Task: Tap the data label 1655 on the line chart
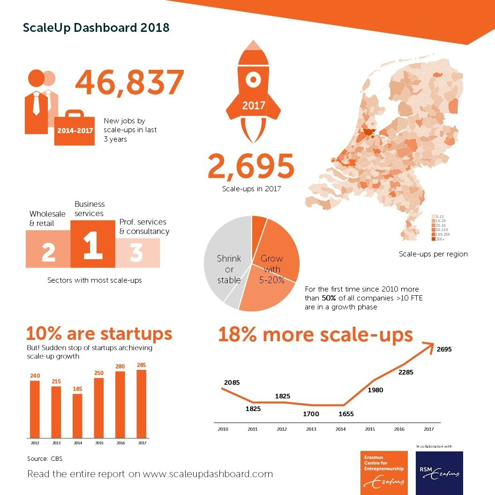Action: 345,414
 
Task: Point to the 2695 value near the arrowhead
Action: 444,349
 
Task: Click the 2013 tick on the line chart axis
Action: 311,429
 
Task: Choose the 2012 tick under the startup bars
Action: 35,442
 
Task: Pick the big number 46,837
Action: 129,82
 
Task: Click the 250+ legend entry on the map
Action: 439,239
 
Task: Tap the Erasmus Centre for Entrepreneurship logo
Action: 381,472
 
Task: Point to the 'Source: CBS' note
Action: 45,458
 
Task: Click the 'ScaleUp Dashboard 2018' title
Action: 96,28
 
